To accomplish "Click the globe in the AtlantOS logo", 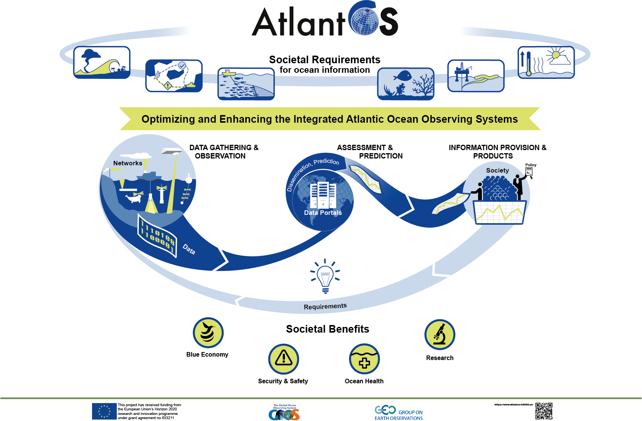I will [x=365, y=21].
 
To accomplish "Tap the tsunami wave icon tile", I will [x=102, y=62].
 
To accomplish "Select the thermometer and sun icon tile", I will [x=546, y=62].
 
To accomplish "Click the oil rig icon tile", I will [x=476, y=76].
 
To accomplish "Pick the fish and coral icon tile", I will [x=405, y=84].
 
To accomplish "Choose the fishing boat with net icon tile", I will [x=246, y=84].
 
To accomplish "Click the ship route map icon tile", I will [x=174, y=76].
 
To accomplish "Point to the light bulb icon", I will [x=325, y=277].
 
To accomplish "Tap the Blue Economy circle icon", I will [x=208, y=333].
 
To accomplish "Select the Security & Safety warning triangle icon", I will [x=284, y=359].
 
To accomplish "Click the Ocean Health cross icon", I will [x=364, y=359].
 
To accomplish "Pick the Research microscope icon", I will [x=440, y=335].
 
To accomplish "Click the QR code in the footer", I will [x=543, y=411].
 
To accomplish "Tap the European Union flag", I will [x=104, y=411].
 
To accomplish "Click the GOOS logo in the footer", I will [x=284, y=413].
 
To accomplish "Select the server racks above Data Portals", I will [x=323, y=195].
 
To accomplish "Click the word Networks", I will [x=128, y=163].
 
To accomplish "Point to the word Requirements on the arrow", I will [x=325, y=306].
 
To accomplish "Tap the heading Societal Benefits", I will [x=327, y=329].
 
